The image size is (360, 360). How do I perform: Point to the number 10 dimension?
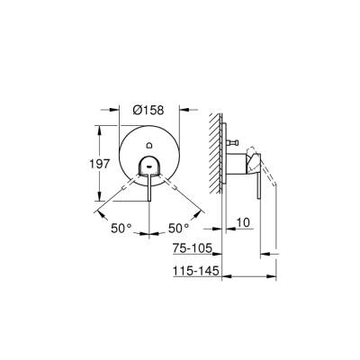point(241,220)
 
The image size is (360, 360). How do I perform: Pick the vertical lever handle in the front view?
point(148,185)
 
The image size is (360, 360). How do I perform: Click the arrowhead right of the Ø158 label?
point(178,111)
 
